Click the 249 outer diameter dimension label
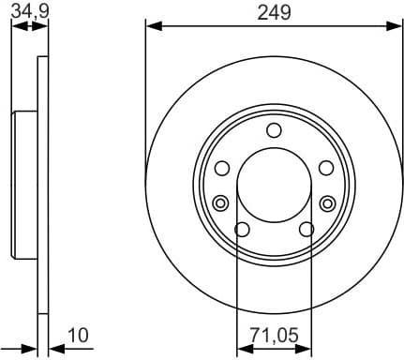coord(274,12)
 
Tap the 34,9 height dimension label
coord(29,10)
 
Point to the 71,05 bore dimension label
coord(274,333)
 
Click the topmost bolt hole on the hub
coord(274,130)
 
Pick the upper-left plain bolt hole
coord(222,168)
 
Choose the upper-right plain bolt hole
coord(326,168)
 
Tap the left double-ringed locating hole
coord(221,203)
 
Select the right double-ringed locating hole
coord(327,203)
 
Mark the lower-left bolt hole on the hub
coord(242,230)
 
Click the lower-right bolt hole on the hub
coord(307,230)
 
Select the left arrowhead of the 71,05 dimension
coord(242,349)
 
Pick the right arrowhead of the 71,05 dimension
coord(307,349)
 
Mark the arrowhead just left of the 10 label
coord(53,349)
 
